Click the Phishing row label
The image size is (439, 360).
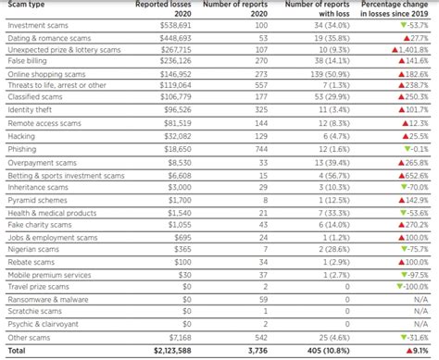pyautogui.click(x=22, y=147)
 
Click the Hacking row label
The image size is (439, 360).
pyautogui.click(x=21, y=135)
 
